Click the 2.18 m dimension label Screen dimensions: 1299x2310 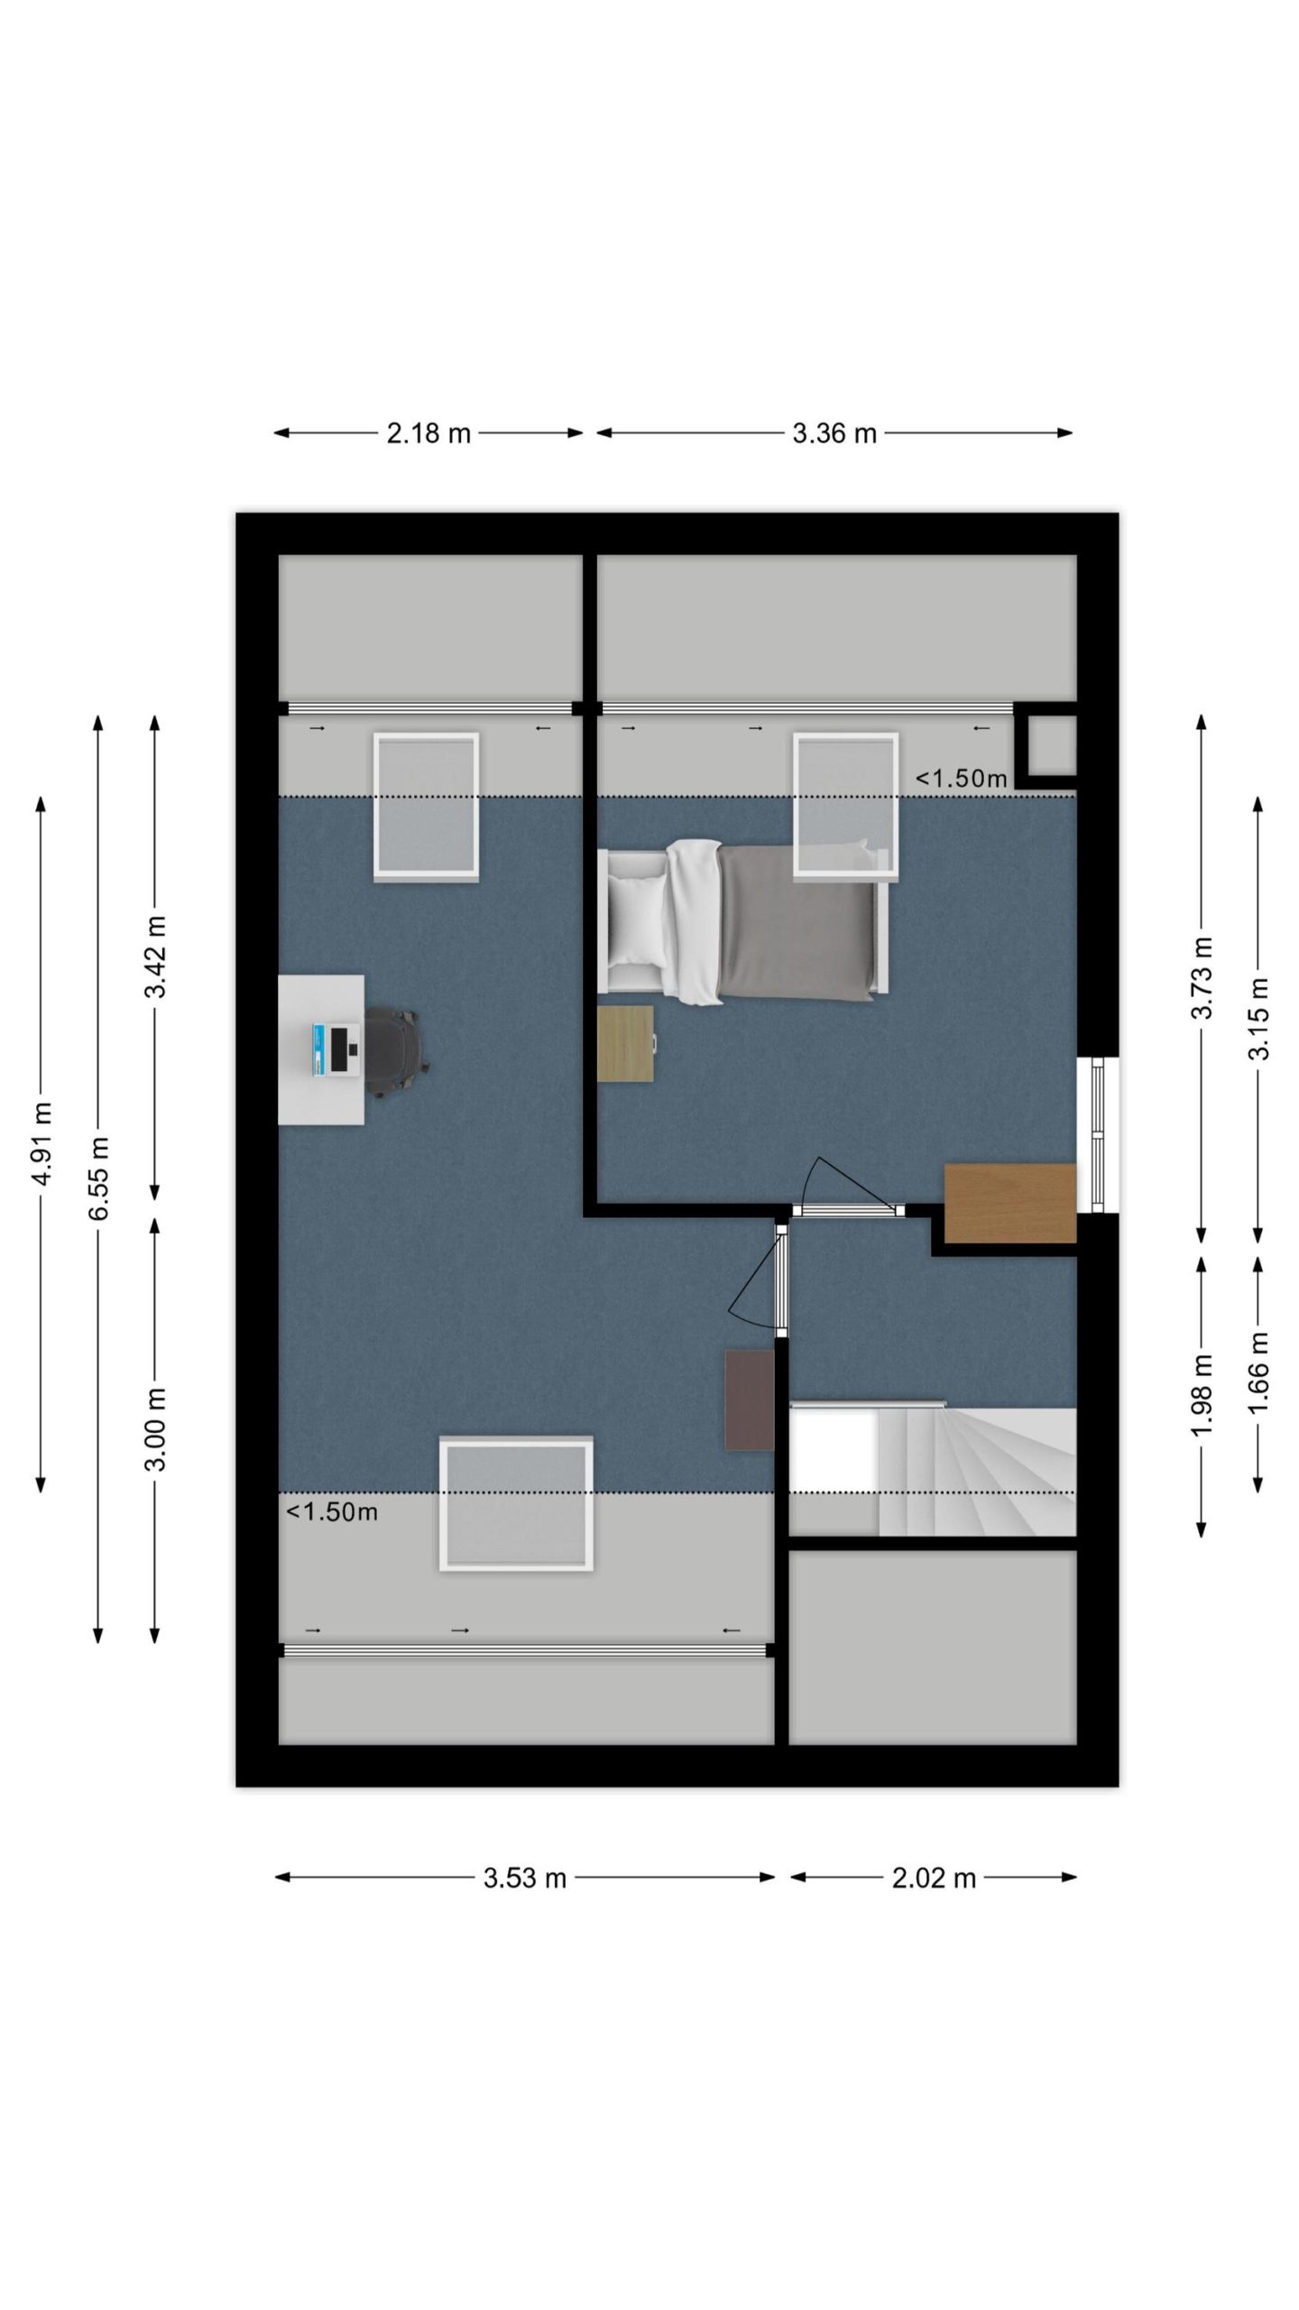click(x=428, y=433)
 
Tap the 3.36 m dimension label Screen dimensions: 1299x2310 click(x=834, y=433)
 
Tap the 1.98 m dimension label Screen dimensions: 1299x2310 click(x=1202, y=1395)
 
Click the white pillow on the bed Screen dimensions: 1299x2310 click(x=638, y=921)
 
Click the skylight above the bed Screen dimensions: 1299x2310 click(x=846, y=806)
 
